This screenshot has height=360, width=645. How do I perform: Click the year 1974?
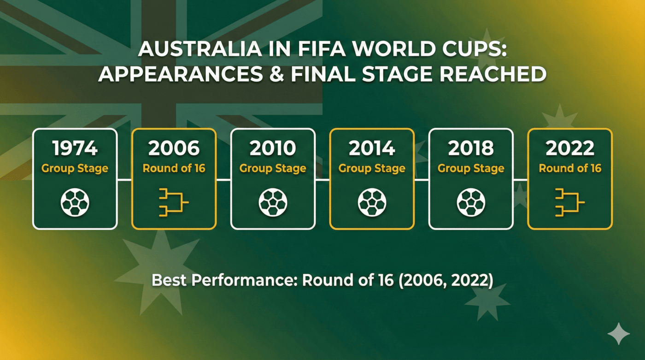coord(75,148)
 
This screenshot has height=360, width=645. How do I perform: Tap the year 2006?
coord(174,148)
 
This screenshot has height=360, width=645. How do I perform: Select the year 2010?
coord(273,148)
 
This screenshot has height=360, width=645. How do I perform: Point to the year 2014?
coord(372,148)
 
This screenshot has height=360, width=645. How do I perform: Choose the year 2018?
coord(471,148)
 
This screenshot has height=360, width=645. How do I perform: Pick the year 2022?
coord(570,148)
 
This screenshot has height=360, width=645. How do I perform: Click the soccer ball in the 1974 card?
coord(75,203)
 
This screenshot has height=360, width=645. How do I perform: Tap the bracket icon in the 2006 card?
coord(174,203)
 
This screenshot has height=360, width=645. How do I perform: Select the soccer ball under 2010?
coord(273,203)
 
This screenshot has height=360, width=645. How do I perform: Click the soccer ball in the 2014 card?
coord(372,203)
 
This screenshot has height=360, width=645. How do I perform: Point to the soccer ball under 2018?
coord(471,203)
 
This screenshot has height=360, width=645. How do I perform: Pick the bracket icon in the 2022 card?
coord(570,203)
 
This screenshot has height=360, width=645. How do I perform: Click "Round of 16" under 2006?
coord(174,168)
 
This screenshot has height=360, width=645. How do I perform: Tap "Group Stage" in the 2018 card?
coord(471,168)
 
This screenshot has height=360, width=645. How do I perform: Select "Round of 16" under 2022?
coord(570,168)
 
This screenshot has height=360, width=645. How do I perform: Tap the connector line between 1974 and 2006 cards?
coord(124,179)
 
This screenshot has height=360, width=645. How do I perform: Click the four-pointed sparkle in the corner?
coord(618,333)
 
